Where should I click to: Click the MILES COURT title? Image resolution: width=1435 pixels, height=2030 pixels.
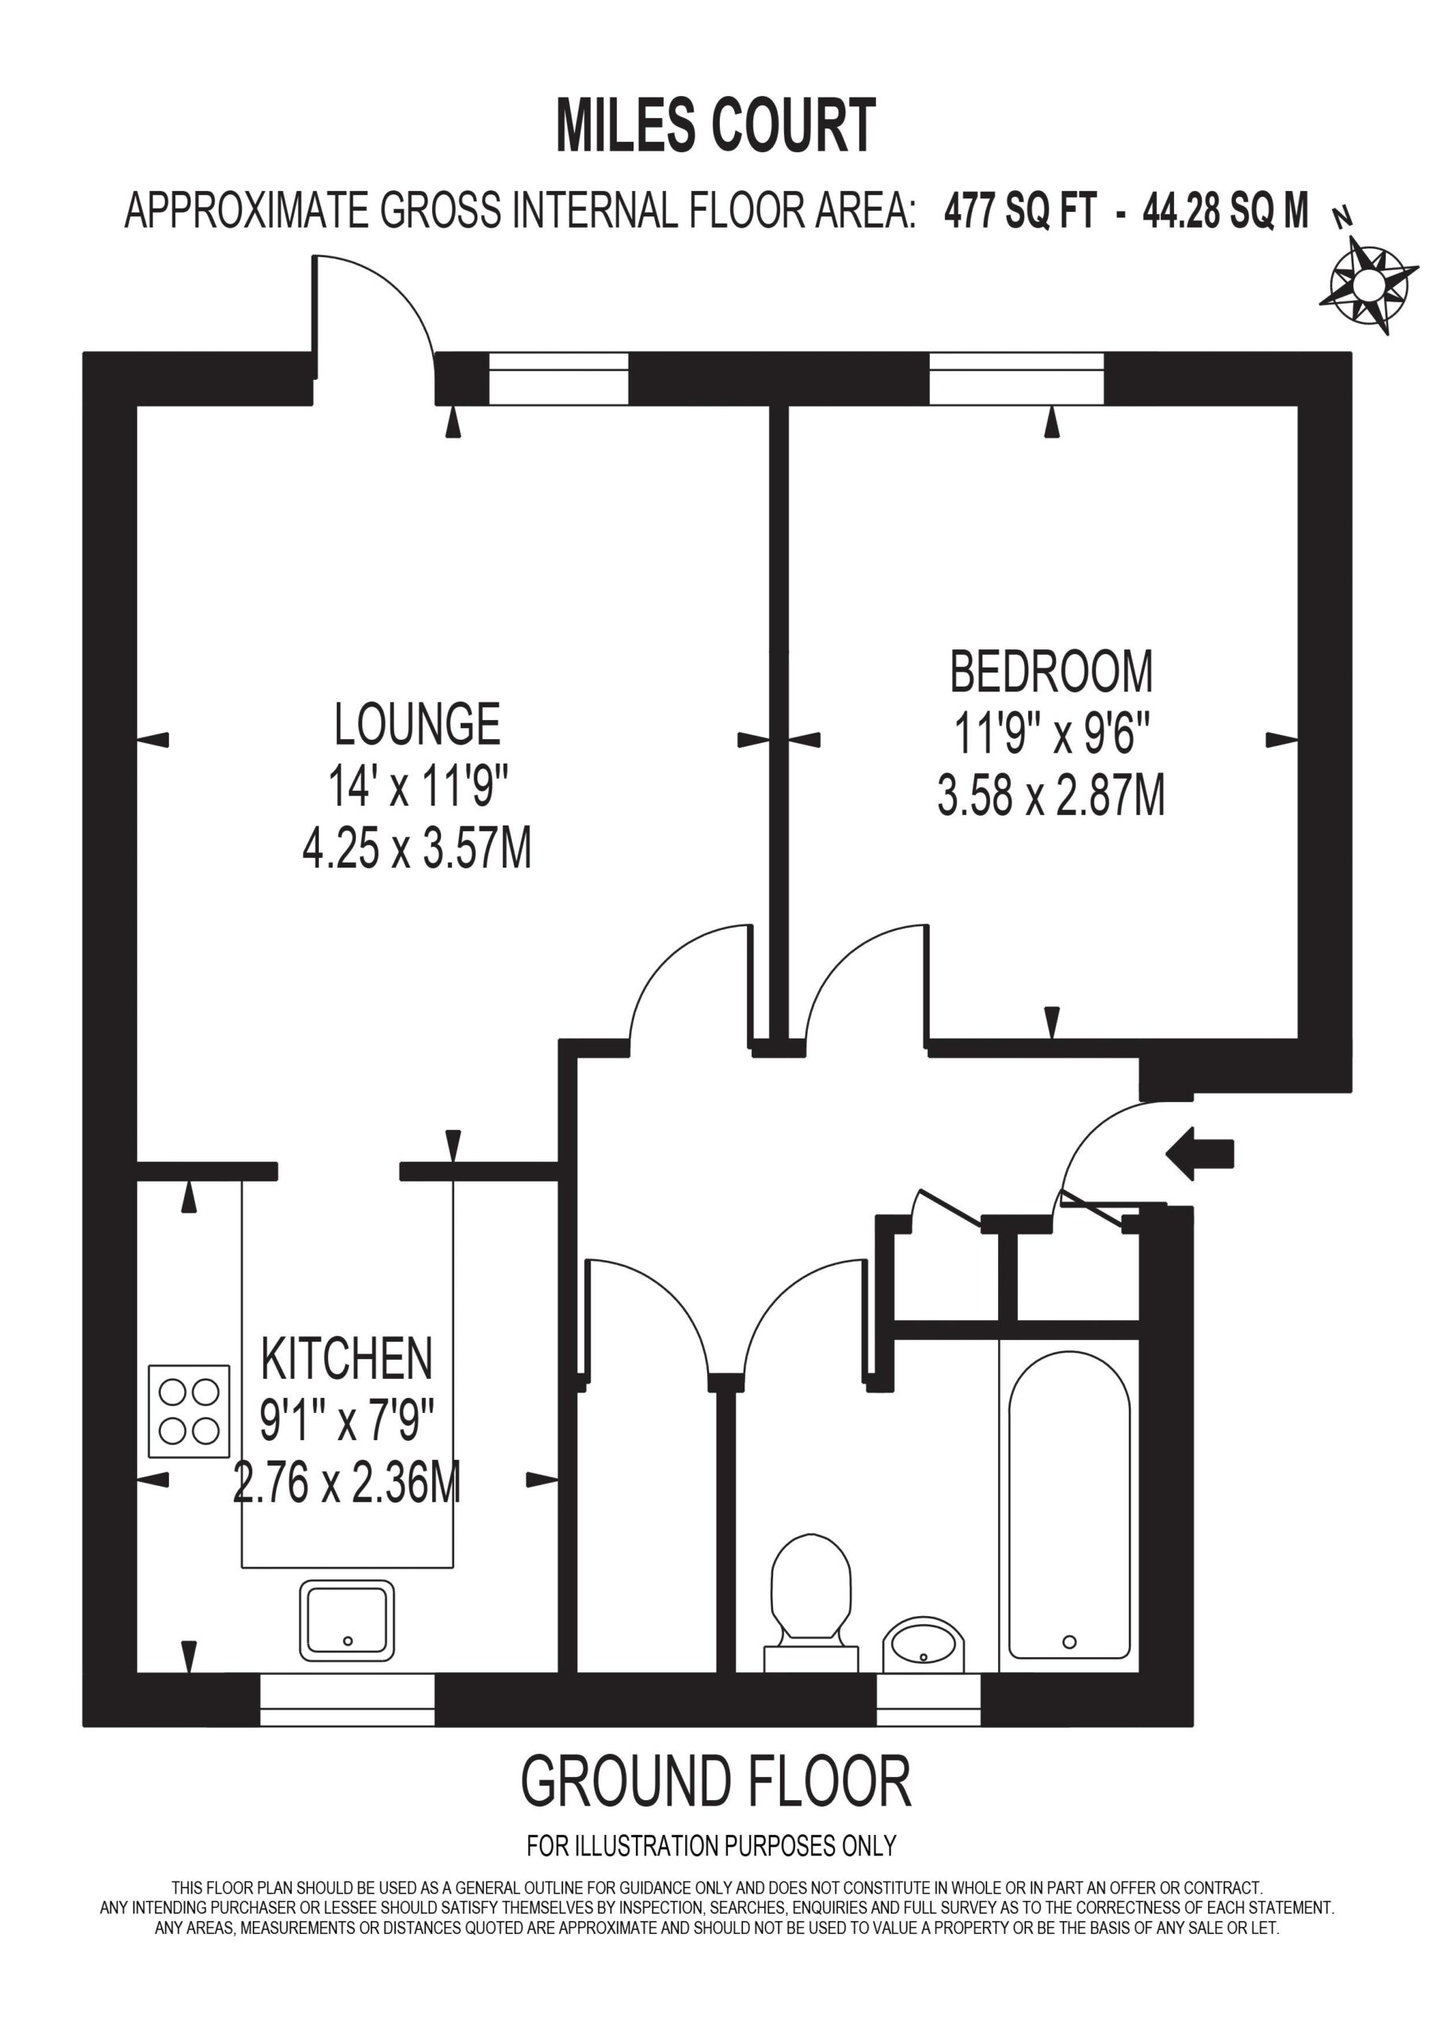pyautogui.click(x=716, y=125)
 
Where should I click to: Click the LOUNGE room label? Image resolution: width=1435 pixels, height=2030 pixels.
pyautogui.click(x=417, y=724)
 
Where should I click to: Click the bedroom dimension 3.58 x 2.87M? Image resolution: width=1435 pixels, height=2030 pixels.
pyautogui.click(x=1051, y=795)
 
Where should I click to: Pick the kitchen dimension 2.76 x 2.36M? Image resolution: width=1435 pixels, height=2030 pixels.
pyautogui.click(x=346, y=1483)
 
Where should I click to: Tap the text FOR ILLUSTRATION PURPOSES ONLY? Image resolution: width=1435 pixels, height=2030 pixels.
pyautogui.click(x=712, y=1846)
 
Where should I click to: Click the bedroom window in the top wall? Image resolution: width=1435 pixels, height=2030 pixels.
pyautogui.click(x=1017, y=378)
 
